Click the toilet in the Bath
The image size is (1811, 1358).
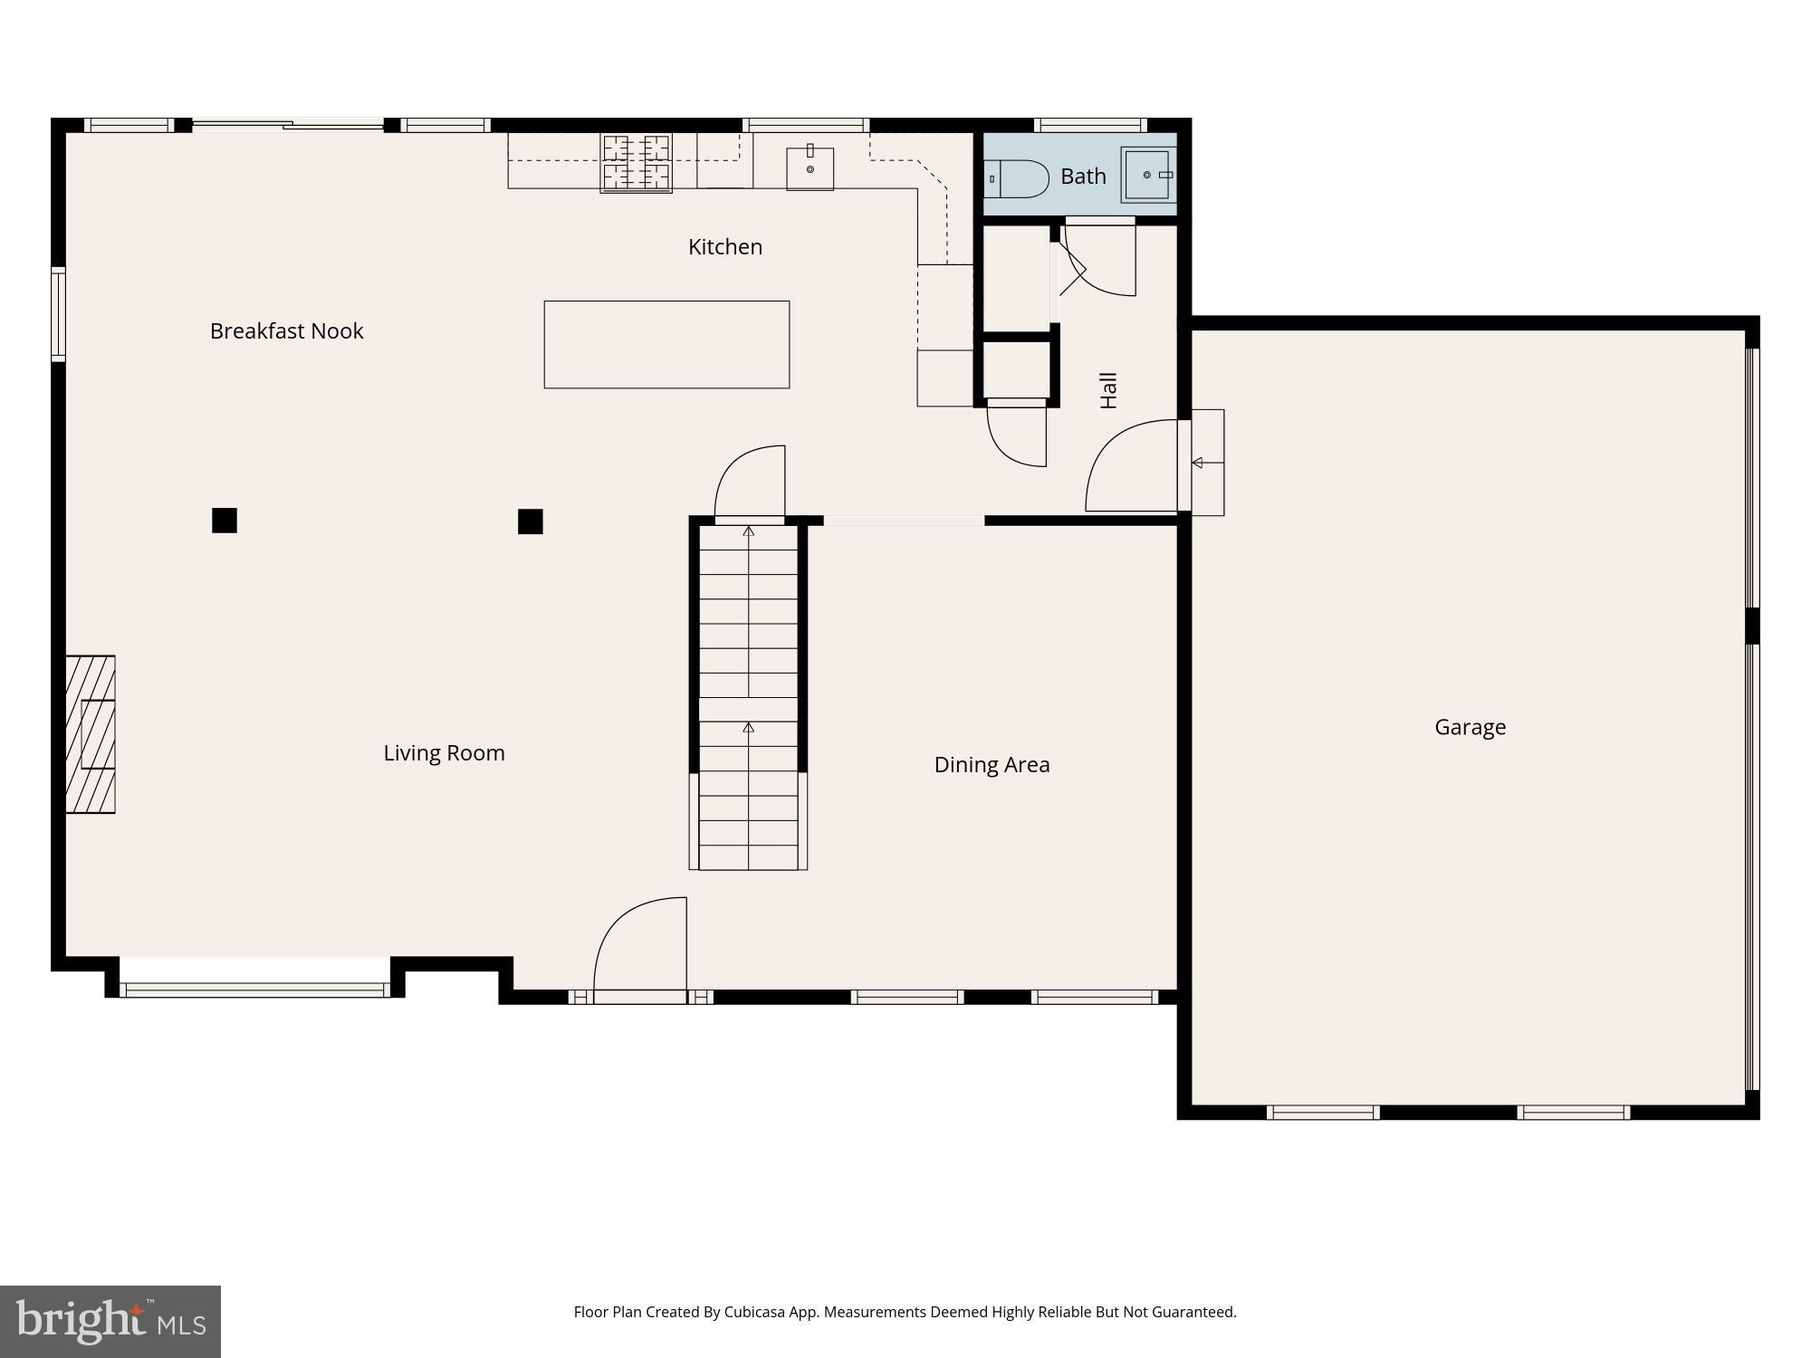1019,178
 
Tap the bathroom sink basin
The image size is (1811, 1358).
1146,175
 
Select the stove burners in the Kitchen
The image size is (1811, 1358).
637,163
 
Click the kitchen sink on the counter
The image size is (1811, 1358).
810,168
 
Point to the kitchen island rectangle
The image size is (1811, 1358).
666,345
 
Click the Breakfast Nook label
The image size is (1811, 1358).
286,331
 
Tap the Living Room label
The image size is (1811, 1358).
444,753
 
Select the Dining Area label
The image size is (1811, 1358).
992,765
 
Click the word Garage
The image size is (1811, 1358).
1470,727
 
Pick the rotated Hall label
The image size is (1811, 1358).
1108,390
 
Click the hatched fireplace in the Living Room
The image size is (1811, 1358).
91,734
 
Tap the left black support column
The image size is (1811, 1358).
225,521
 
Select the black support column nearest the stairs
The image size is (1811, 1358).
531,521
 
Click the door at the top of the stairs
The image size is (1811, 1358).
750,483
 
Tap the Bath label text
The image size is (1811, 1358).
1083,177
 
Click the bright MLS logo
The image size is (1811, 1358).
110,1321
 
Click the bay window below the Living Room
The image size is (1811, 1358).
255,990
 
